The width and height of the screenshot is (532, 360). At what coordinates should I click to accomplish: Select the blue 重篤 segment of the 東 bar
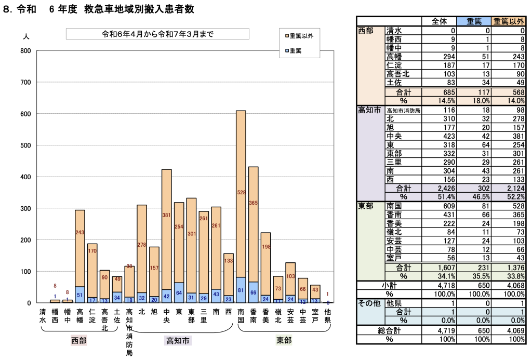click(179, 293)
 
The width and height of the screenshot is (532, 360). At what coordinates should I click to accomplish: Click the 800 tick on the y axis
click(25, 51)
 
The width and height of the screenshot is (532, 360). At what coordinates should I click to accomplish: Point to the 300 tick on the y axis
click(25, 208)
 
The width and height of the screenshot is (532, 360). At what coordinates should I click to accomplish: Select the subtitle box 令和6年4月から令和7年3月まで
click(157, 34)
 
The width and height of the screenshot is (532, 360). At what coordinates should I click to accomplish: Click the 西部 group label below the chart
click(79, 341)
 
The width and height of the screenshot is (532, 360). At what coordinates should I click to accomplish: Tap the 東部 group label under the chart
click(284, 341)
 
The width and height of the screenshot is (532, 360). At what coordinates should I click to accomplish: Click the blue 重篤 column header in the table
click(474, 21)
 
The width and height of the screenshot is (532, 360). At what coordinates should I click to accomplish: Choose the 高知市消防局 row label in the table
click(403, 110)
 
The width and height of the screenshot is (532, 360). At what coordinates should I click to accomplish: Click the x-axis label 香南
click(253, 316)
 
